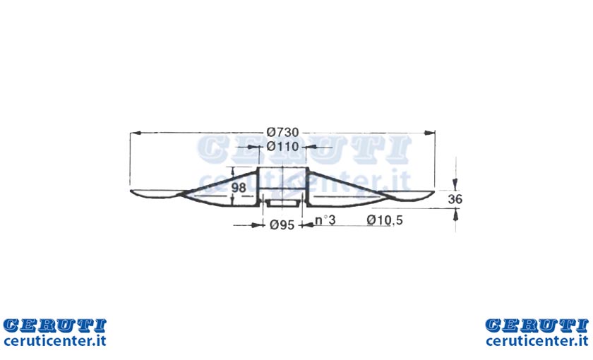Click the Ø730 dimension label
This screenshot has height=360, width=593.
[x=282, y=133]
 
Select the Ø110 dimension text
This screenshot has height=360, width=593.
[x=282, y=146]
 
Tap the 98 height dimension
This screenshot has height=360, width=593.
[x=239, y=187]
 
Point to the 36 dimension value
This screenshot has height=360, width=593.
[x=455, y=199]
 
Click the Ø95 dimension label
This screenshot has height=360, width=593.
[x=282, y=225]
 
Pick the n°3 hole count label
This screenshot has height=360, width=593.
[x=325, y=220]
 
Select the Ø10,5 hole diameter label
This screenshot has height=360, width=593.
[x=385, y=220]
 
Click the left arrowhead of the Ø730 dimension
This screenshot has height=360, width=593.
[x=136, y=133]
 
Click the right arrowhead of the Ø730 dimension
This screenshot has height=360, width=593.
[x=430, y=133]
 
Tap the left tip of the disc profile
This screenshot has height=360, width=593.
[x=131, y=191]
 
